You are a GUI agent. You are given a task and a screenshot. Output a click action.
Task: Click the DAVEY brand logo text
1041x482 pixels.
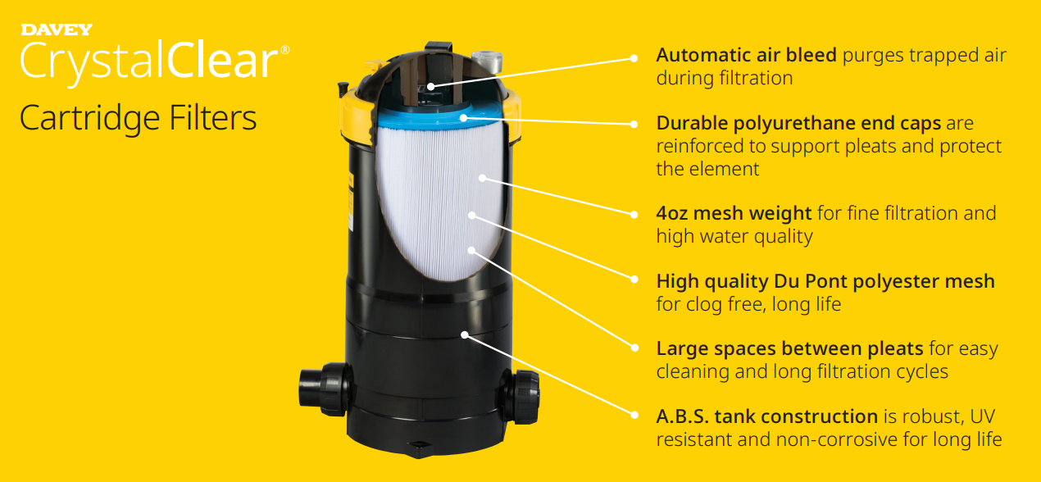[56, 30]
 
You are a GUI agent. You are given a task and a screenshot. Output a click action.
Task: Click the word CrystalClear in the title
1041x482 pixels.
[149, 61]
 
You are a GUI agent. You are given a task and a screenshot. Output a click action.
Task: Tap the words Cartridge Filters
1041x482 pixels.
[138, 118]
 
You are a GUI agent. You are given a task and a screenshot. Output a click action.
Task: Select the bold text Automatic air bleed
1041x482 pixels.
[746, 55]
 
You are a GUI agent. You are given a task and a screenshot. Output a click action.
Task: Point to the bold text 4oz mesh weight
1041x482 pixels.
[734, 213]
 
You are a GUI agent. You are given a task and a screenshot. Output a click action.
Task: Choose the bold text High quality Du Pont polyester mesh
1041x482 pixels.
[825, 281]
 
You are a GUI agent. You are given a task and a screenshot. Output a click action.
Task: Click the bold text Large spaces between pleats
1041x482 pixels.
[789, 348]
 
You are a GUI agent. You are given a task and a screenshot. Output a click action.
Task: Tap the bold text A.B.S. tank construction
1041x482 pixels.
[766, 416]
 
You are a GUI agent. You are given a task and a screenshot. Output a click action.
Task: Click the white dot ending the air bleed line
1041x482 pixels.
[634, 58]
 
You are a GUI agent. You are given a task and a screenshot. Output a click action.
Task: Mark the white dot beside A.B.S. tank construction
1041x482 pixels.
[634, 416]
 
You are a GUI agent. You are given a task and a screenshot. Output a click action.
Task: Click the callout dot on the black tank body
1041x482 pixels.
[465, 334]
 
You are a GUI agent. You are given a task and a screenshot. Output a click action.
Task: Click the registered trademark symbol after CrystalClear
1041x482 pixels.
[284, 50]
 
